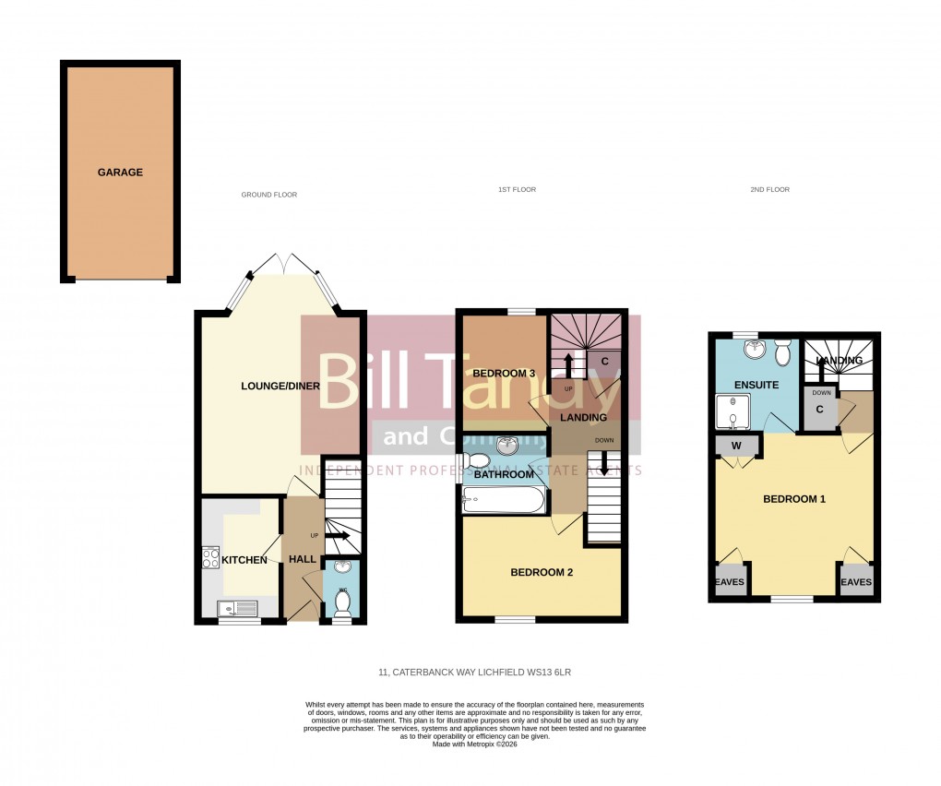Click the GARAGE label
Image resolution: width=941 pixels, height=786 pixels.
(x=121, y=173)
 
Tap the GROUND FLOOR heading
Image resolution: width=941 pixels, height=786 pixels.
(x=268, y=195)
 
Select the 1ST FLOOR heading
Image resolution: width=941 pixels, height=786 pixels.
(x=517, y=189)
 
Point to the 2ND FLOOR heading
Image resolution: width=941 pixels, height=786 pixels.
(x=769, y=189)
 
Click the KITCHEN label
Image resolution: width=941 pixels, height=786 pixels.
(x=244, y=560)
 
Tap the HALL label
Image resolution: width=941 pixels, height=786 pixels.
(x=304, y=560)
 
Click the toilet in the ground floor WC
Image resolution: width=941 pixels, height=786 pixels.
(x=342, y=602)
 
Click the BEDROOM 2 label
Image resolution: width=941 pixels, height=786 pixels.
(x=542, y=572)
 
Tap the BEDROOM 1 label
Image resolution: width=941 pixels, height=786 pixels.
(x=793, y=499)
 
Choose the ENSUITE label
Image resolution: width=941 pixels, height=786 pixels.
(x=756, y=385)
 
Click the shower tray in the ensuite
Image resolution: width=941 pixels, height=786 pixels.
(x=737, y=413)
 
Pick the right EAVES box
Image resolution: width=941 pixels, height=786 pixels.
(x=855, y=581)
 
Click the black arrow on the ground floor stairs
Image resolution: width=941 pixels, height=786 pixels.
(x=337, y=535)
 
